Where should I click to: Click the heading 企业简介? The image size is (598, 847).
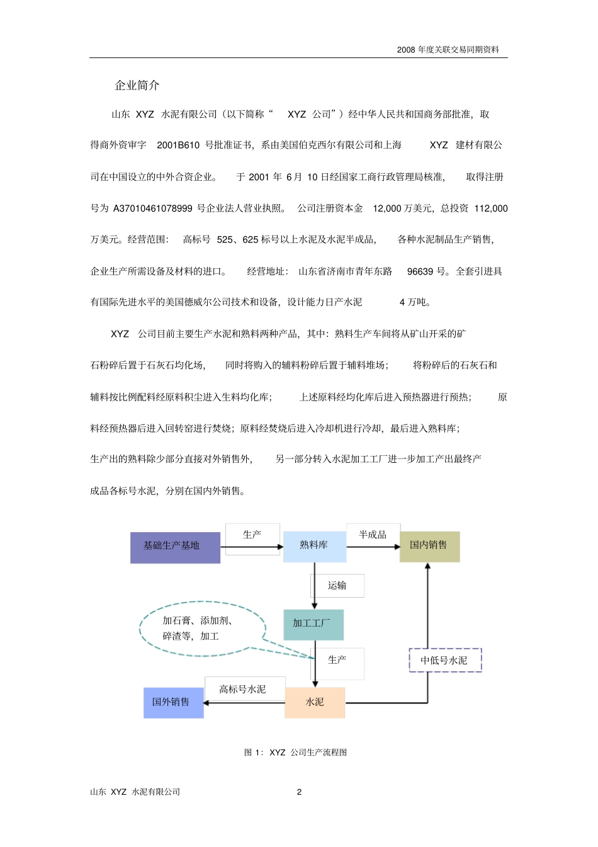click(x=137, y=85)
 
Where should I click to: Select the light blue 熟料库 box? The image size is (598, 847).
click(x=314, y=546)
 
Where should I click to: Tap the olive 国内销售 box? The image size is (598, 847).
click(x=429, y=546)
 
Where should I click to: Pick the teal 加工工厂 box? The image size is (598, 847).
click(x=313, y=624)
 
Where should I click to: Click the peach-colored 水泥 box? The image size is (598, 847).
click(x=315, y=702)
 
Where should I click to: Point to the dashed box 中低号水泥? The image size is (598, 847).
click(x=445, y=661)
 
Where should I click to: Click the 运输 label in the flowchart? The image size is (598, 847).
click(x=337, y=586)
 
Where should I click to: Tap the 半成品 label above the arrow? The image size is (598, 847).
click(x=373, y=535)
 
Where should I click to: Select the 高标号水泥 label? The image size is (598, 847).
click(x=243, y=689)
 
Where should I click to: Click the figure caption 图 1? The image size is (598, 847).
click(x=295, y=753)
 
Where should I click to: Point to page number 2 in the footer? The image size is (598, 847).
click(x=299, y=792)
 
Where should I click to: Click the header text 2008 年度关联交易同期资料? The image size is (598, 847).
click(x=448, y=50)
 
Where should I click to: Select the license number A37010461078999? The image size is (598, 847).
click(x=153, y=208)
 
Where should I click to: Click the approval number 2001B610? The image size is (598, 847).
click(x=178, y=145)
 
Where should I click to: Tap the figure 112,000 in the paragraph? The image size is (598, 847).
click(x=491, y=208)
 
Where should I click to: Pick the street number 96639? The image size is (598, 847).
click(x=420, y=271)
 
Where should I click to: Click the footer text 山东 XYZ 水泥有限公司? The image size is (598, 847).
click(x=135, y=792)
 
